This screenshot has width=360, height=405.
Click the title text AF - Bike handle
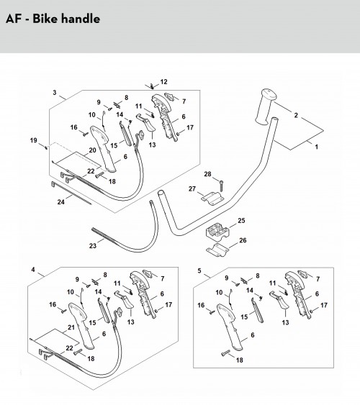53,19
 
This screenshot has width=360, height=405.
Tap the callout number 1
316,147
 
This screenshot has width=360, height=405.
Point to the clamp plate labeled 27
212,199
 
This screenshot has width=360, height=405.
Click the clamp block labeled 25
217,232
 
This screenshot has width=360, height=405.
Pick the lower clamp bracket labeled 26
217,250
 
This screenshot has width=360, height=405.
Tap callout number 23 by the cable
92,245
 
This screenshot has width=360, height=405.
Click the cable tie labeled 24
71,193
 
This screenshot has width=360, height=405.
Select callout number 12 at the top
163,82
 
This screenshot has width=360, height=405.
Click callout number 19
34,140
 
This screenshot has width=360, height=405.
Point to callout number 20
92,150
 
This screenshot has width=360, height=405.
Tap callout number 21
71,327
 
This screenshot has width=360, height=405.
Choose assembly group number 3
55,93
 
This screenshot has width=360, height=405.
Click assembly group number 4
33,270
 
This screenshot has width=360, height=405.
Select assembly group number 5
199,270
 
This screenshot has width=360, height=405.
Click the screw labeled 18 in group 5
225,353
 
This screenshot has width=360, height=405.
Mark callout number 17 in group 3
190,127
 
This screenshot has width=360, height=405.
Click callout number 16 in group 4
53,304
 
